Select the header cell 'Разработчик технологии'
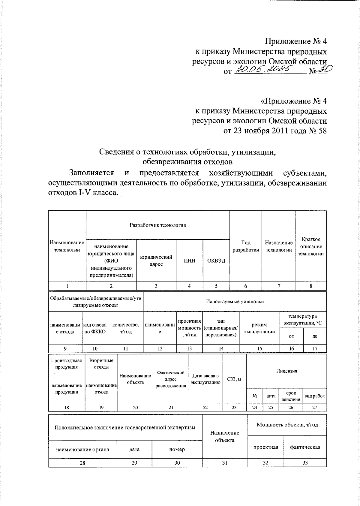(x=158, y=225)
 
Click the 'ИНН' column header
(x=189, y=261)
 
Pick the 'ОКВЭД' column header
(x=216, y=261)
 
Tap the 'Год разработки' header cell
(x=246, y=246)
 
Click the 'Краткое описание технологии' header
(x=311, y=246)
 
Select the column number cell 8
(x=311, y=286)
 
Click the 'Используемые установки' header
(x=235, y=301)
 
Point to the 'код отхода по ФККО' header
(x=95, y=328)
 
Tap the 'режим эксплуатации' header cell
(x=259, y=328)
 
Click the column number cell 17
(x=315, y=348)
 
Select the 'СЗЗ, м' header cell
(x=234, y=379)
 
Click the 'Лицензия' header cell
(x=286, y=371)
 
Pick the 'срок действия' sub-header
(x=291, y=396)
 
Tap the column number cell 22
(x=205, y=407)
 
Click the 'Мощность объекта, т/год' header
(x=287, y=425)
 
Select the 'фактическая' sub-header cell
(x=305, y=447)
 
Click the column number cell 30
(x=177, y=463)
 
